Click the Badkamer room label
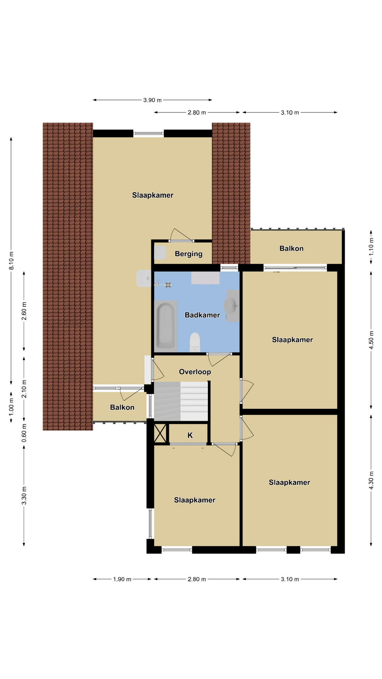tap(202, 315)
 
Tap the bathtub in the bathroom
tap(166, 326)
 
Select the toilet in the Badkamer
tap(195, 342)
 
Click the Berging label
tap(189, 254)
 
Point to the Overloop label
tap(195, 372)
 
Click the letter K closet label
tap(190, 435)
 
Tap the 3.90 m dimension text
tap(152, 100)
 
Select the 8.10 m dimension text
tap(11, 261)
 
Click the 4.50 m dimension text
tap(371, 340)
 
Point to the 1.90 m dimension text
tap(122, 579)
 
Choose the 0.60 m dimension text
tap(24, 433)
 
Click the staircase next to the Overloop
tap(181, 401)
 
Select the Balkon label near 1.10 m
tap(291, 249)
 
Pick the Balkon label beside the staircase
tap(122, 407)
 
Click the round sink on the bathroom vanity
tap(230, 306)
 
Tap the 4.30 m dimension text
tap(371, 481)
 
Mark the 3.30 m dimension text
tap(24, 496)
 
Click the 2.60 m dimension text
tap(24, 311)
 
